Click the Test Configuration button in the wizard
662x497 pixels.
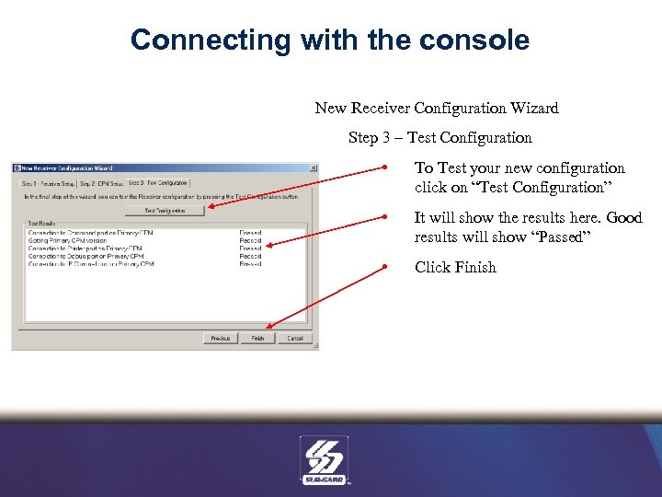(x=164, y=211)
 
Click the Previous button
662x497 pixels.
(x=220, y=339)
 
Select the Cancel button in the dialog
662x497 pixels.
(x=294, y=339)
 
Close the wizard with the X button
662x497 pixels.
(x=313, y=168)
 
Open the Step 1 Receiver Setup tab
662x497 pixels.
(x=48, y=184)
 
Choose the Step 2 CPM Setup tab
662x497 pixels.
(x=100, y=184)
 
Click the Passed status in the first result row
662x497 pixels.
(x=250, y=234)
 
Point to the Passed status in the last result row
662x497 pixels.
(x=250, y=264)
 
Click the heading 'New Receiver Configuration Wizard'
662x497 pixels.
(x=437, y=109)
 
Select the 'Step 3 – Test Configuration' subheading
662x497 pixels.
(x=439, y=138)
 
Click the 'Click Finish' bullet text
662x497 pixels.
(x=455, y=268)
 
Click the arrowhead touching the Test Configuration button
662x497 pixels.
(x=208, y=209)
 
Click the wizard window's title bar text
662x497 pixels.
(x=68, y=168)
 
